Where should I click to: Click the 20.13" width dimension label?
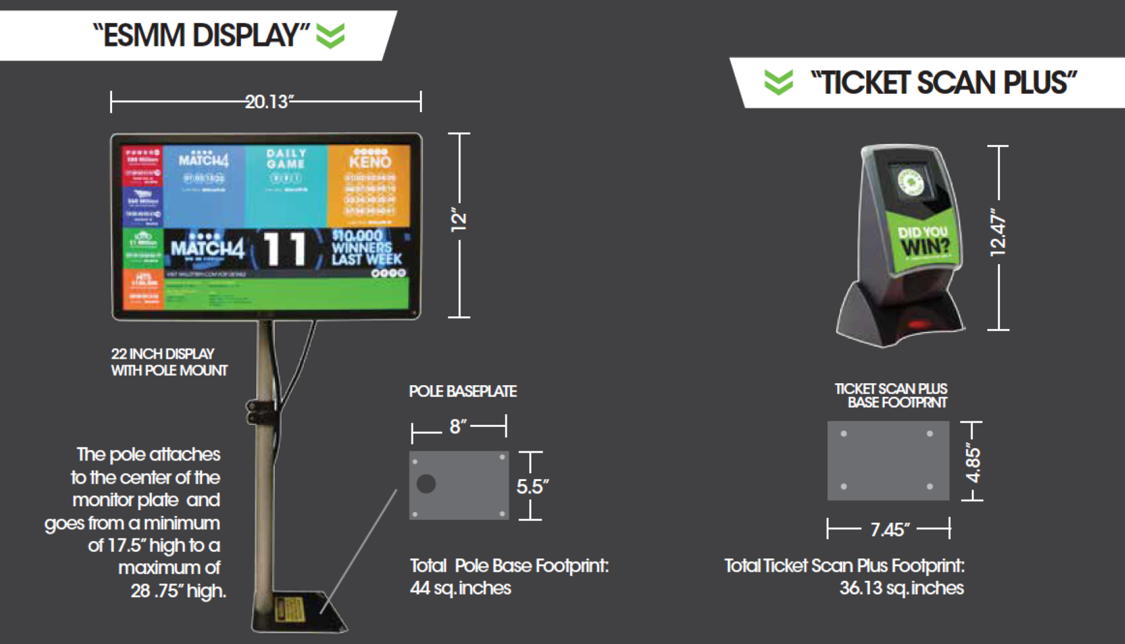pos(269,102)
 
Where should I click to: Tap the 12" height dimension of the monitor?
pos(459,220)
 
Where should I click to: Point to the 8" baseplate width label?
pos(459,426)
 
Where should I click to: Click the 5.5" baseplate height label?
pos(532,486)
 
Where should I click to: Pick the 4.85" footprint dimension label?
pos(973,465)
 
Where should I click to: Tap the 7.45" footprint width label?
pos(889,529)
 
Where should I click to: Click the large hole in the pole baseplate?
pos(426,484)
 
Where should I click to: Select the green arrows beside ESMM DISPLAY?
pos(330,35)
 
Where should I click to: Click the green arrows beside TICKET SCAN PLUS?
pos(779,82)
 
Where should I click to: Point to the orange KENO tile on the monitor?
pos(369,185)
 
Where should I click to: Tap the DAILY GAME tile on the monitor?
pos(286,185)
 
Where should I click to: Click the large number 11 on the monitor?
pos(284,249)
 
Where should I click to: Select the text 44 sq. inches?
pos(460,588)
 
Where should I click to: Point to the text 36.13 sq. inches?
pos(902,588)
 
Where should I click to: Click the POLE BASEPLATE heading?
pos(463,392)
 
